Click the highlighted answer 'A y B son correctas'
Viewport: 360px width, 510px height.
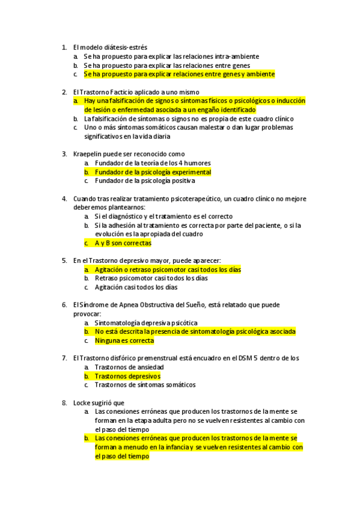pyautogui.click(x=123, y=243)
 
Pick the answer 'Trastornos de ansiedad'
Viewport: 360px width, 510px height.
pyautogui.click(x=129, y=367)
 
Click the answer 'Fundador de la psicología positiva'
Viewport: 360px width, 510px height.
pyautogui.click(x=145, y=180)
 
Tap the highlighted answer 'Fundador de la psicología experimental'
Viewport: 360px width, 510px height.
pyautogui.click(x=153, y=172)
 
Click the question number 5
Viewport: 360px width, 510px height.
pyautogui.click(x=64, y=260)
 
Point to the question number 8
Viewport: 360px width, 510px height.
pyautogui.click(x=64, y=402)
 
